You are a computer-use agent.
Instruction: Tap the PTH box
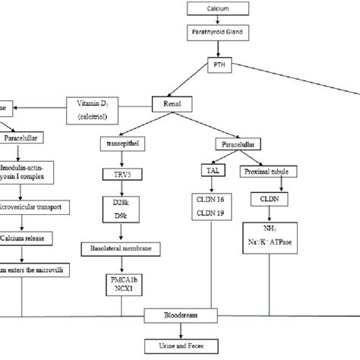click(x=220, y=68)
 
